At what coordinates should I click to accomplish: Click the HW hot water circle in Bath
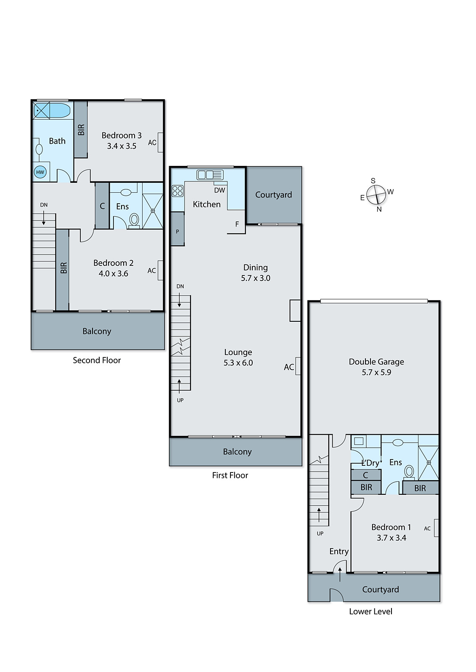(x=40, y=172)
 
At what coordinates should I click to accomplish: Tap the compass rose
(x=376, y=195)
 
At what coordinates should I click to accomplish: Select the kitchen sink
(x=210, y=174)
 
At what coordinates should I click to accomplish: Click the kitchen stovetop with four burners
(x=177, y=191)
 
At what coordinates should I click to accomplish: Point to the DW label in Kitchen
(x=219, y=190)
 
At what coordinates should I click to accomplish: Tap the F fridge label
(x=237, y=224)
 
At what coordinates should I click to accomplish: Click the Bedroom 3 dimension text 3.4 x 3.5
(x=122, y=146)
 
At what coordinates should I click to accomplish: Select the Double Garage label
(x=376, y=362)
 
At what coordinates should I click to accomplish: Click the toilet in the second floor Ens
(x=134, y=220)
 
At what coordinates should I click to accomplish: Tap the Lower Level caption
(x=370, y=612)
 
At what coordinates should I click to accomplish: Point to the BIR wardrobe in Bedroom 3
(x=81, y=129)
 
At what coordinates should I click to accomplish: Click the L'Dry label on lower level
(x=370, y=463)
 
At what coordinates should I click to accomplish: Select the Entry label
(x=339, y=551)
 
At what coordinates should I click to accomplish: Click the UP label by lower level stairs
(x=320, y=533)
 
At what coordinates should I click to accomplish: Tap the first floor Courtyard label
(x=273, y=195)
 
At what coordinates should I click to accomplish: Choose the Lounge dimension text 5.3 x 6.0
(x=238, y=363)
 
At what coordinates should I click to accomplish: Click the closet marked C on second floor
(x=102, y=206)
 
